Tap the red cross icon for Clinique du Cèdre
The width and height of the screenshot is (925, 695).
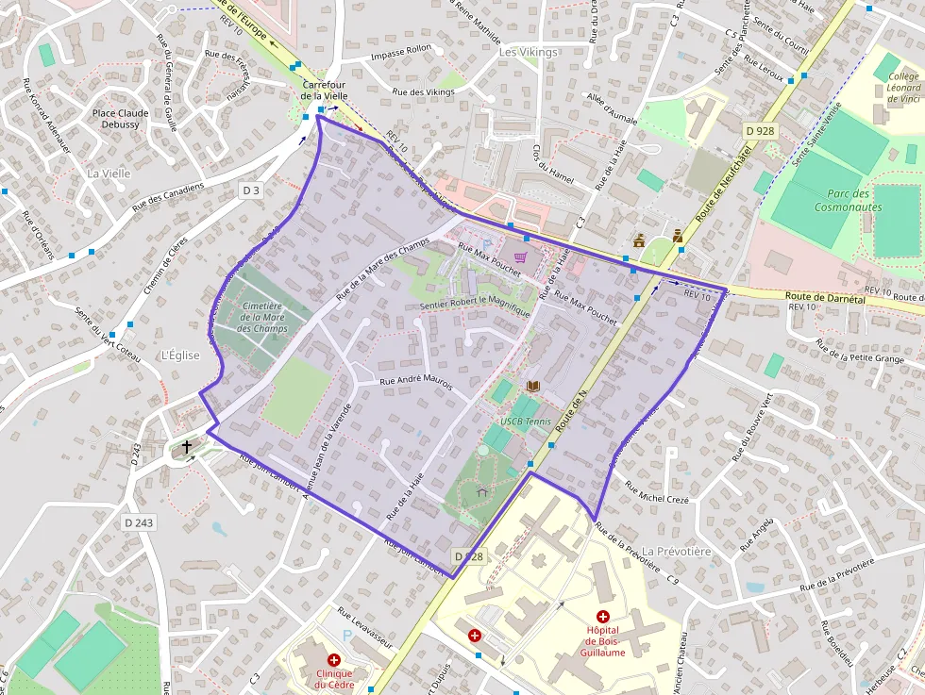coord(333,660)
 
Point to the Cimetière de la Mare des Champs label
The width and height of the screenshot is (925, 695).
coord(264,317)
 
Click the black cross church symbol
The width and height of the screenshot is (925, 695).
coord(187,446)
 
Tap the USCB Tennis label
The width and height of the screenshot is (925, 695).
coord(526,421)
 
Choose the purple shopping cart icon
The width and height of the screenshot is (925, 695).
coord(519,256)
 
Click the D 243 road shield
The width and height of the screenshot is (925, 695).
coord(139,522)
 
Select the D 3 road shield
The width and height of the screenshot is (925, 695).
coord(250,190)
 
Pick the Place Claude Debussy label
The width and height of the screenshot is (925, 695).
coord(122,119)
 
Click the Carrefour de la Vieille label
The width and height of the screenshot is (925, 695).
coord(326,90)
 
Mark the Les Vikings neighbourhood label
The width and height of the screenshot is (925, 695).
coord(528,52)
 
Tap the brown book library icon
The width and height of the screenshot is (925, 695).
coord(533,387)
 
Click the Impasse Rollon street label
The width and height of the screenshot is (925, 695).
coord(401,56)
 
